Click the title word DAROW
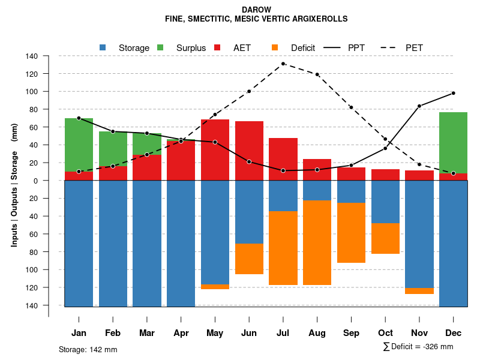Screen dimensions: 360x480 [x=256, y=10]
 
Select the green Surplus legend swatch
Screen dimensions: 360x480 [x=160, y=47]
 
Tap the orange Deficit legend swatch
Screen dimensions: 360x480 [x=275, y=47]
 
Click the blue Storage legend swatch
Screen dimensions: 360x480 [x=103, y=47]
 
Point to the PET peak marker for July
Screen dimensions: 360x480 [x=283, y=64]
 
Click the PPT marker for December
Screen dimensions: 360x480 [x=454, y=93]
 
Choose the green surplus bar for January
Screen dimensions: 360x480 [x=79, y=145]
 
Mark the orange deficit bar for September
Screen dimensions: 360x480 [x=352, y=233]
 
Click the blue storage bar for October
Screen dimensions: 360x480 [x=386, y=202]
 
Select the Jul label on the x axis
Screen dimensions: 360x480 [x=283, y=333]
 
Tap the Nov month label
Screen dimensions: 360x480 [x=419, y=333]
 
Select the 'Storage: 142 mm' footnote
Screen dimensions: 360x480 [x=88, y=350]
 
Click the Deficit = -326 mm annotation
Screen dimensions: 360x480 [x=418, y=347]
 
